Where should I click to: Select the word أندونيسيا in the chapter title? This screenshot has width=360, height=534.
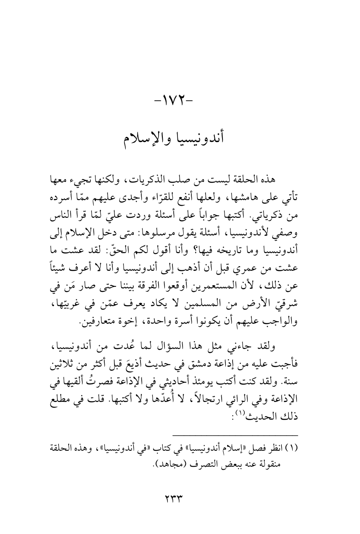pyautogui.click(x=205, y=137)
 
